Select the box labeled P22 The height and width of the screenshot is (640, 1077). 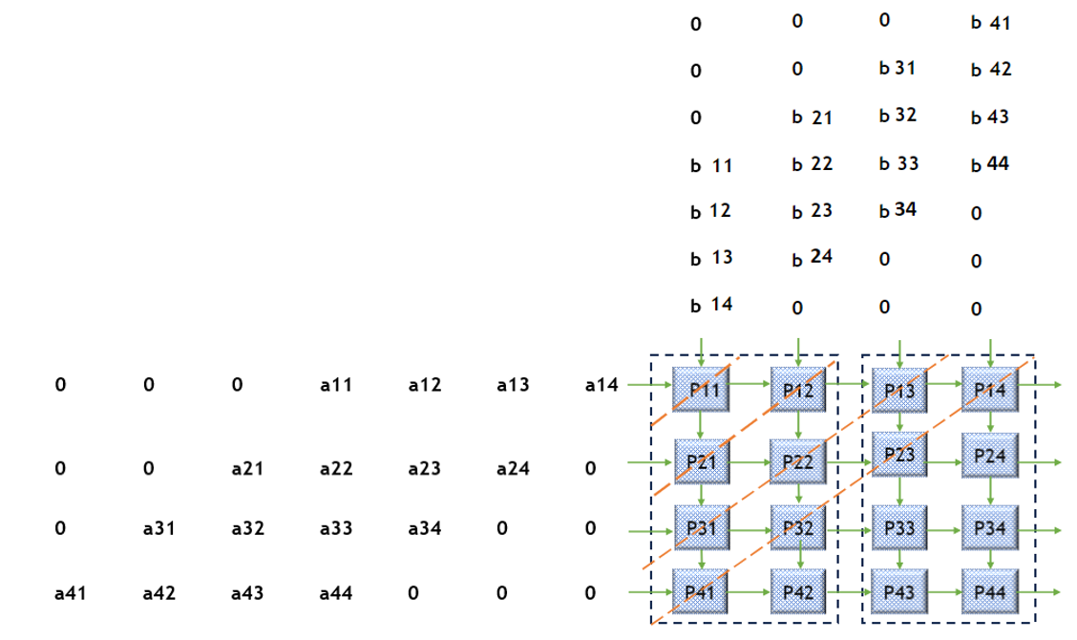[797, 461]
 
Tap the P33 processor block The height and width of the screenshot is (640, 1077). [899, 528]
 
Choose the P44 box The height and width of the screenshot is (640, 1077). [990, 591]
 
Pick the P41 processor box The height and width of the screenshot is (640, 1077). [702, 591]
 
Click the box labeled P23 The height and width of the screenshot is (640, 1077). [899, 454]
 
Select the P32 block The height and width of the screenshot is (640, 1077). [797, 528]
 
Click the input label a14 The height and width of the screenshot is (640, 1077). [602, 386]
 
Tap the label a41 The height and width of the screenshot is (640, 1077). [71, 593]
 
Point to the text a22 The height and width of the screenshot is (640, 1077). [336, 469]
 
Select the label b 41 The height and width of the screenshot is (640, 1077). [990, 23]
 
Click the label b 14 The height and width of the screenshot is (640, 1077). [711, 305]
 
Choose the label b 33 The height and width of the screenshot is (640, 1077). [898, 163]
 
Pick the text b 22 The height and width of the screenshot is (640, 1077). [812, 163]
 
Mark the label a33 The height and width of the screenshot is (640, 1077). [336, 526]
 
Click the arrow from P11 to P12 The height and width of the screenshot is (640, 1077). [750, 385]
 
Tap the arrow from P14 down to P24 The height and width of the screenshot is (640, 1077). [991, 420]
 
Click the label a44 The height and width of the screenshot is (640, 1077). [336, 593]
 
